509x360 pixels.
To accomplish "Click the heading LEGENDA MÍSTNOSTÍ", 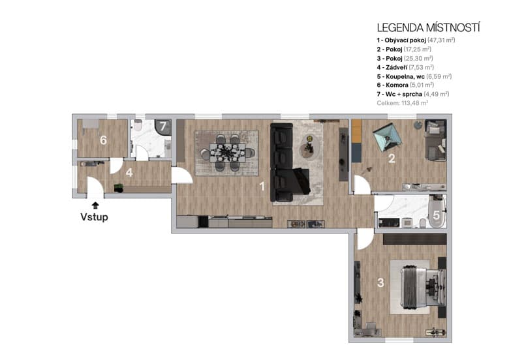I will click(428, 27).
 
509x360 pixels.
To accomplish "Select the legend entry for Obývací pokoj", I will click(411, 40).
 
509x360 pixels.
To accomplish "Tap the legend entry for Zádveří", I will click(405, 67).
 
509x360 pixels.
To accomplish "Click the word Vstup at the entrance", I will click(94, 217).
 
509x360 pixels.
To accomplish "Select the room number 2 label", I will click(392, 158).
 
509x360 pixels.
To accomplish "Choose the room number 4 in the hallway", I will click(130, 173).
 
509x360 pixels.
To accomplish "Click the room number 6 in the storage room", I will click(103, 140).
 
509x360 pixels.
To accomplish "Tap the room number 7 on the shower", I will click(164, 126).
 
